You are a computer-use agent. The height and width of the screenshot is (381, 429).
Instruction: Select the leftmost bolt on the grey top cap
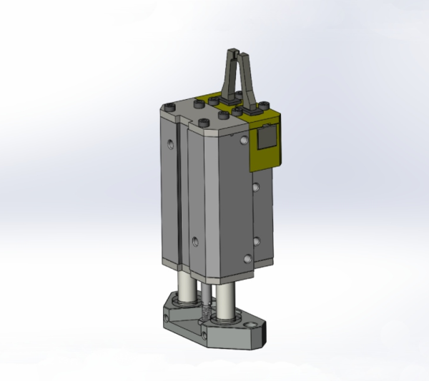click(167, 107)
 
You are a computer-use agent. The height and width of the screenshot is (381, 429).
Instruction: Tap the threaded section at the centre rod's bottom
click(206, 314)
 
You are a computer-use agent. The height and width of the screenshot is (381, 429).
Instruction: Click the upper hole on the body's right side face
click(256, 188)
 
